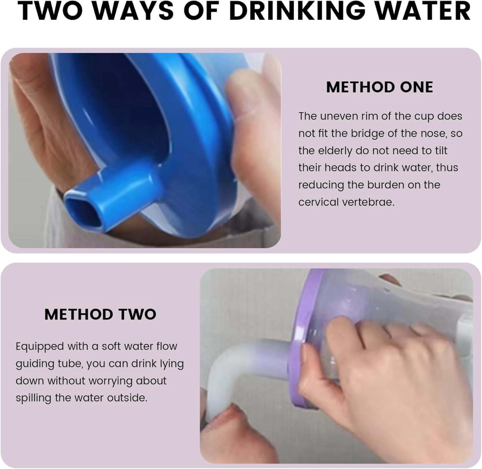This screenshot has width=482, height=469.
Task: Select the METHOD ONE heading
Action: (379, 87)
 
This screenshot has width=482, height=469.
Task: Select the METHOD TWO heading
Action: (100, 314)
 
